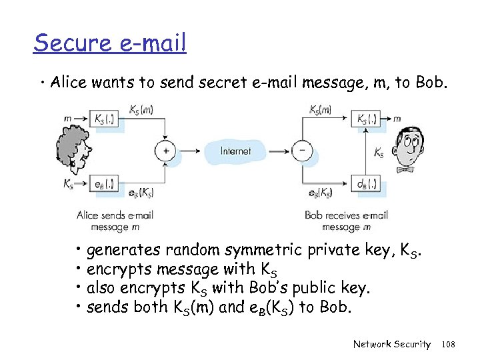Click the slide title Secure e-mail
point(110,44)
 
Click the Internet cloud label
point(236,151)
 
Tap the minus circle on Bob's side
point(303,151)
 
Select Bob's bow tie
point(405,169)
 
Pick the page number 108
point(448,345)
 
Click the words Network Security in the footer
point(392,345)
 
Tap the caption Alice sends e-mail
point(115,215)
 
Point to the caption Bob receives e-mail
point(346,215)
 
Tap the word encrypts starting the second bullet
point(117,270)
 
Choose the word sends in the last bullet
point(104,308)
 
